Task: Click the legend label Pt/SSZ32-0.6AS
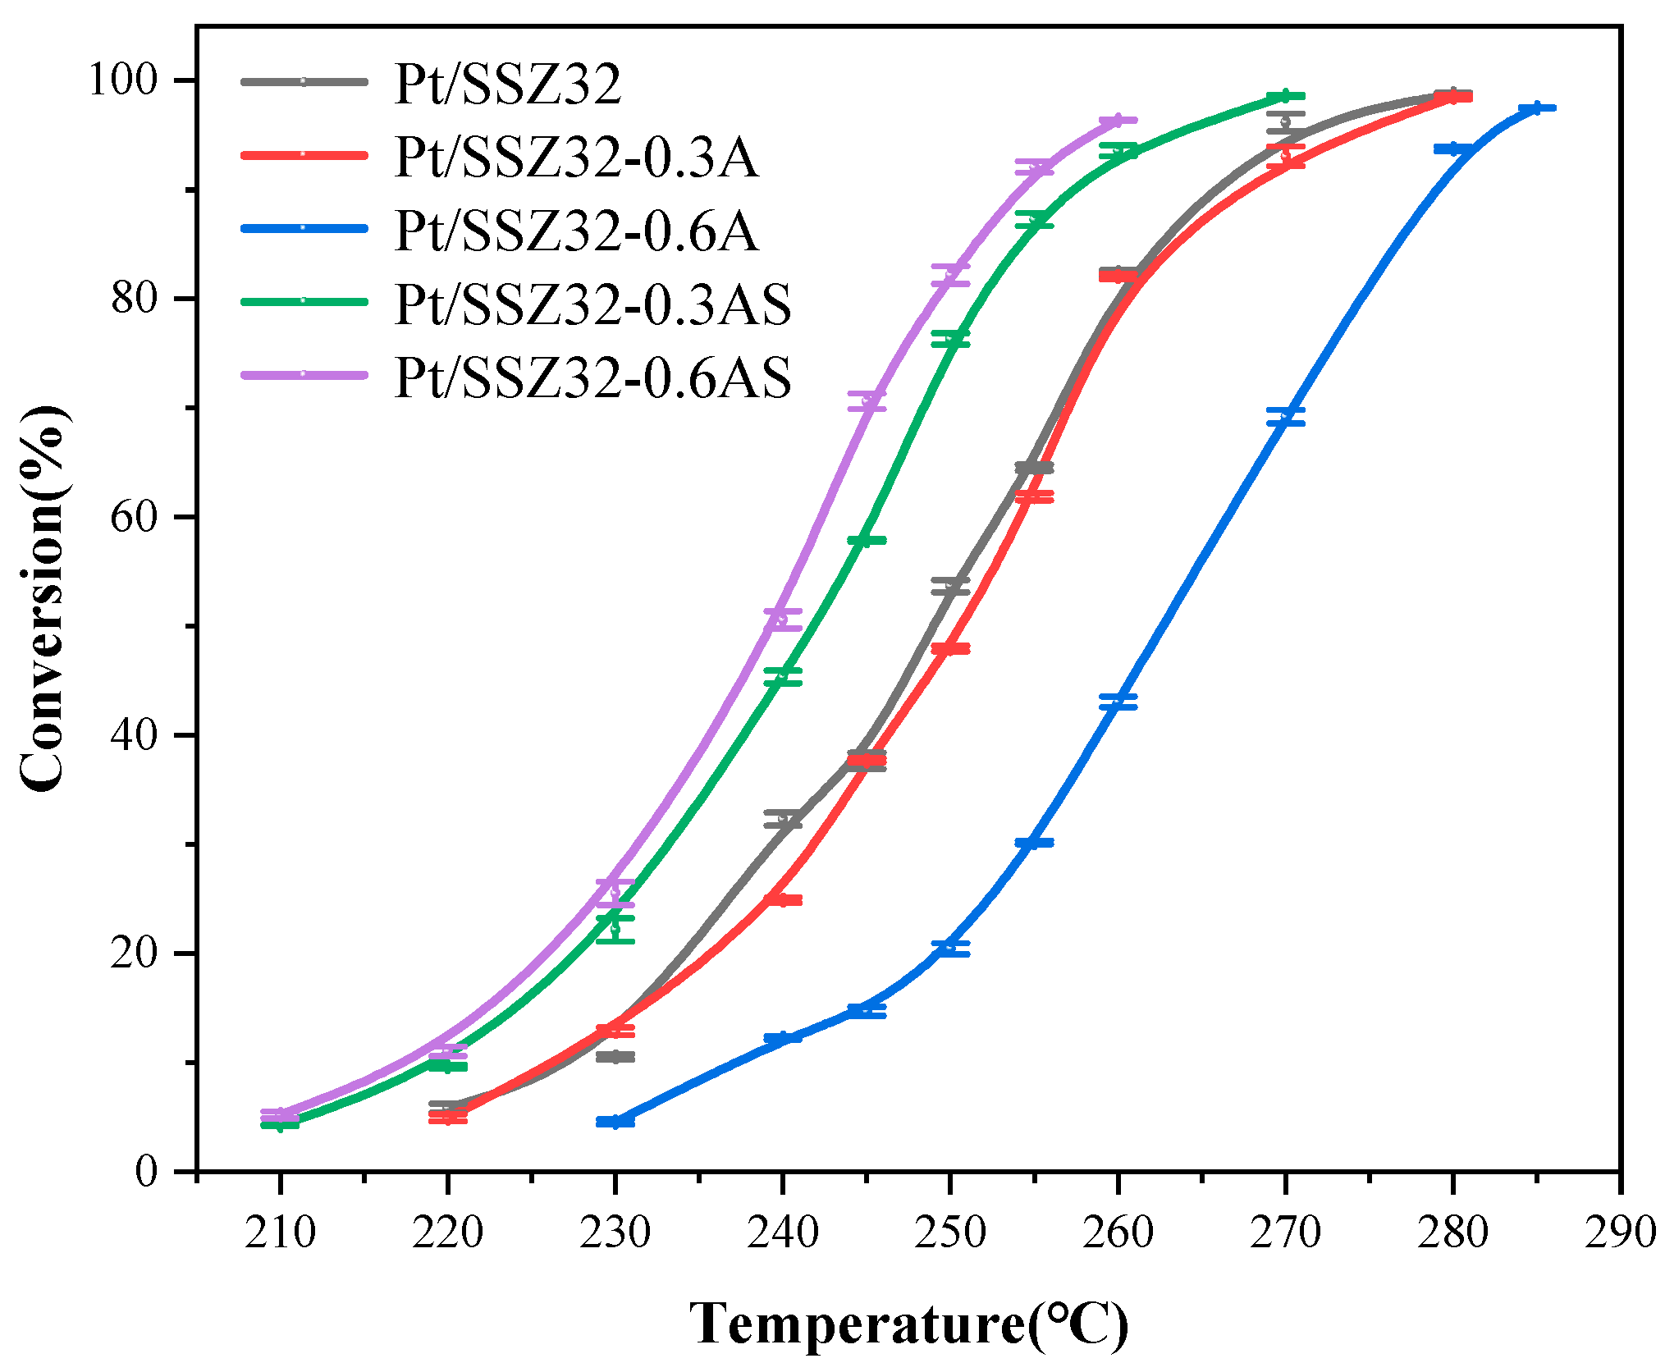click(x=592, y=377)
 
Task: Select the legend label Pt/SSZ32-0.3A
click(x=576, y=157)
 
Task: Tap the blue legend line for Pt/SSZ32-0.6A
click(x=303, y=227)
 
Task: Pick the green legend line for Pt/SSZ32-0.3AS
click(x=303, y=301)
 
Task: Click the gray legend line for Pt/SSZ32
click(x=303, y=81)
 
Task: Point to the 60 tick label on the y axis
click(x=134, y=517)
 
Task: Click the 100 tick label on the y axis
click(x=122, y=80)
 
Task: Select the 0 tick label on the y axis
click(x=146, y=1171)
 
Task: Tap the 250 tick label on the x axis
click(x=949, y=1233)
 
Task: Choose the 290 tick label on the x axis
click(x=1619, y=1233)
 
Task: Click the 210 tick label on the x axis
click(x=280, y=1233)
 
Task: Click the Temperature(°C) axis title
click(x=908, y=1324)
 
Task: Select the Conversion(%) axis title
click(x=43, y=599)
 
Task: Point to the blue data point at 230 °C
click(x=615, y=1121)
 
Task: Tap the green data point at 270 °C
click(x=1285, y=96)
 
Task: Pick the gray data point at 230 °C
click(x=615, y=1057)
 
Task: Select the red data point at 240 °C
click(x=783, y=900)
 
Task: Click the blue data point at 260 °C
click(x=1118, y=702)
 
